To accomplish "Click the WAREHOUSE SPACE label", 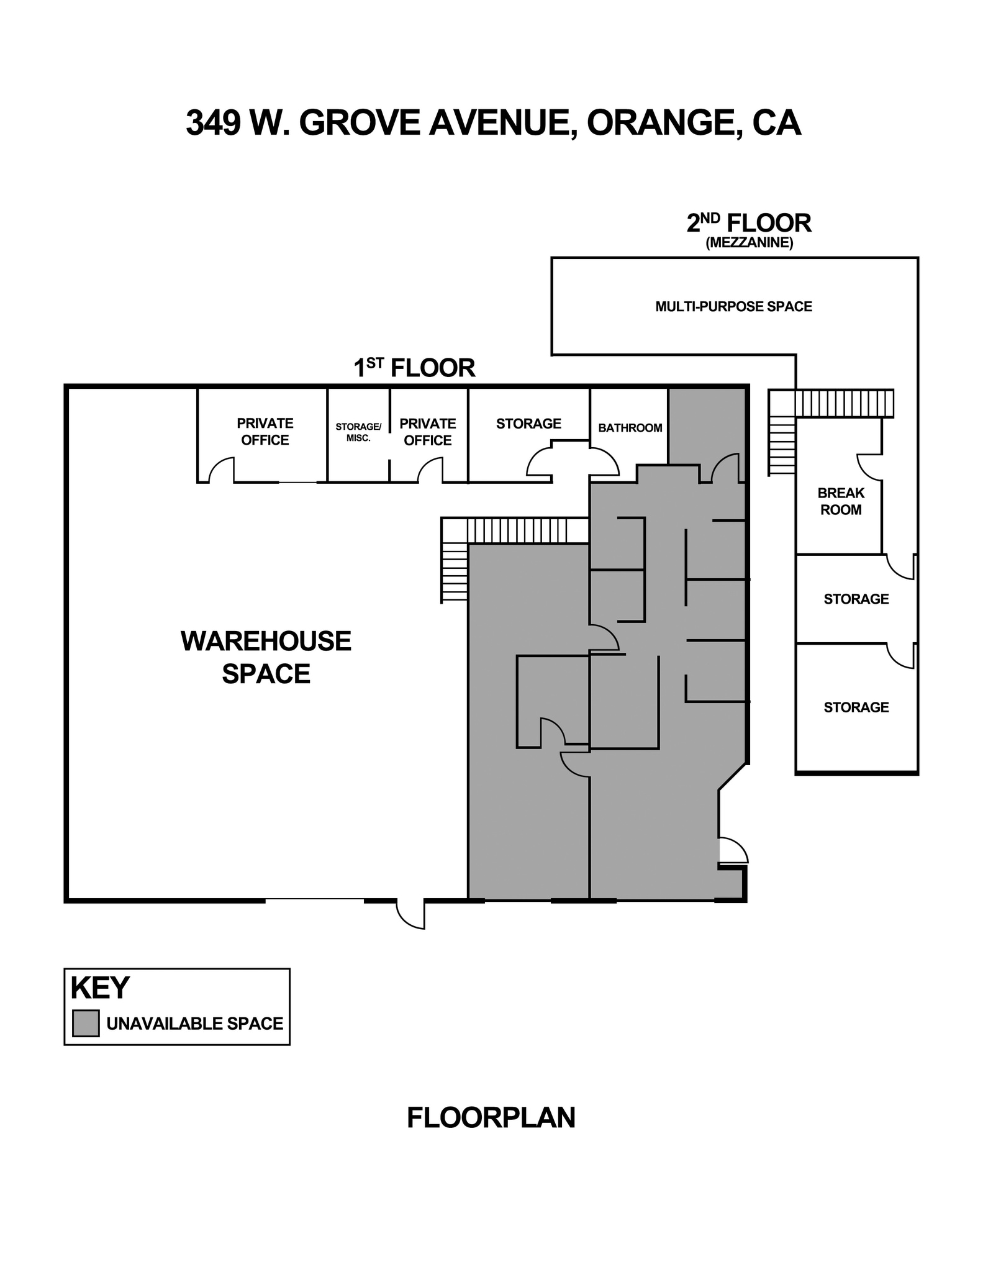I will tap(266, 657).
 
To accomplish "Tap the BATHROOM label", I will tap(630, 428).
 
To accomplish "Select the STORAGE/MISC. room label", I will tap(358, 432).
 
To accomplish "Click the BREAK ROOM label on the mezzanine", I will tap(841, 501).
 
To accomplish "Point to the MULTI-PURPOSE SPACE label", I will tap(733, 306).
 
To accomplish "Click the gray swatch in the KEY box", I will tap(86, 1023).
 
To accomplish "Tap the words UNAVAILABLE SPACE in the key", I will tap(194, 1024).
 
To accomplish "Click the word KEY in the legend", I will tap(100, 988).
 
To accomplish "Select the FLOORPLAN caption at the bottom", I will tap(491, 1117).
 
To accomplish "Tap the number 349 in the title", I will tap(213, 122).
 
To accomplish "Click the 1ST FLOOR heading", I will tap(414, 368).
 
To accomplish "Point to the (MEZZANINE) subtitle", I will tap(749, 243).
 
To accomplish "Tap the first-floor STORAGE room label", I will tap(528, 424).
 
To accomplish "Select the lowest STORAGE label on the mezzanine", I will tap(856, 707).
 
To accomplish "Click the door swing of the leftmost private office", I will tap(222, 470).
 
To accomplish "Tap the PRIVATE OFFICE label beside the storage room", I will tap(427, 432).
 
